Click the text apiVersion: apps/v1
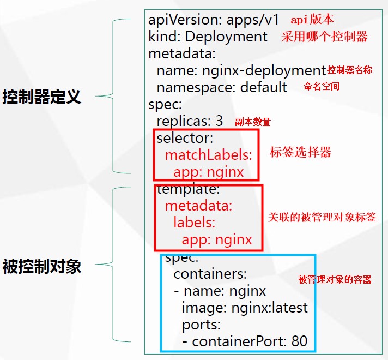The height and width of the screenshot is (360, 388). click(214, 20)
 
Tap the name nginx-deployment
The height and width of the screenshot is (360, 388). click(264, 70)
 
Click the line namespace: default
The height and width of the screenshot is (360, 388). click(222, 87)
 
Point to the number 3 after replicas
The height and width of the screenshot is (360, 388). click(220, 121)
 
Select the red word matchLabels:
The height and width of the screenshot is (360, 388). click(209, 155)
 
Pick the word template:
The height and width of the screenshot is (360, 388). click(188, 189)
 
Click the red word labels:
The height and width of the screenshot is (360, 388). click(194, 223)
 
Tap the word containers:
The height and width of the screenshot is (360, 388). click(210, 273)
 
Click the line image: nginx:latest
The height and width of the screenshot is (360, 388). click(245, 307)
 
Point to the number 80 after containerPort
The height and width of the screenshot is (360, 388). click(299, 342)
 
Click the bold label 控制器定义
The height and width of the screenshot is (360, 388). click(42, 97)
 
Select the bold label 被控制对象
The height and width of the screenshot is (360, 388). click(42, 267)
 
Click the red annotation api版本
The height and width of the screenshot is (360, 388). click(312, 20)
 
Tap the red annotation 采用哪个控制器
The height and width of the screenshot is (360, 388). click(324, 37)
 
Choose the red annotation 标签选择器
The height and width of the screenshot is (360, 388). click(300, 152)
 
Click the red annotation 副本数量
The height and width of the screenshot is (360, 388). click(252, 122)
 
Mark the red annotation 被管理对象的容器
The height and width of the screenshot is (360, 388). click(335, 280)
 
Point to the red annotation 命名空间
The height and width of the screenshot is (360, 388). click(321, 86)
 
